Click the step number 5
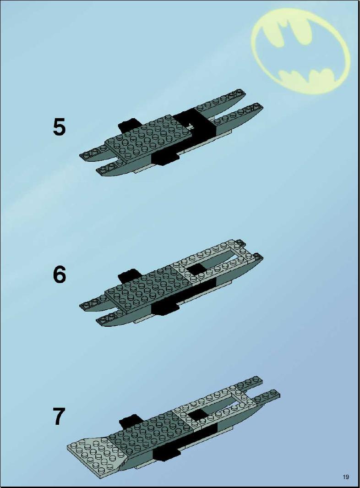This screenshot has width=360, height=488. (59, 127)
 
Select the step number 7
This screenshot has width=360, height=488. (60, 417)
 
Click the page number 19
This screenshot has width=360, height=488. (346, 477)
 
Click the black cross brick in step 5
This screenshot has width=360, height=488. (199, 125)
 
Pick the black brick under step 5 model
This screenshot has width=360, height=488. (165, 157)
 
